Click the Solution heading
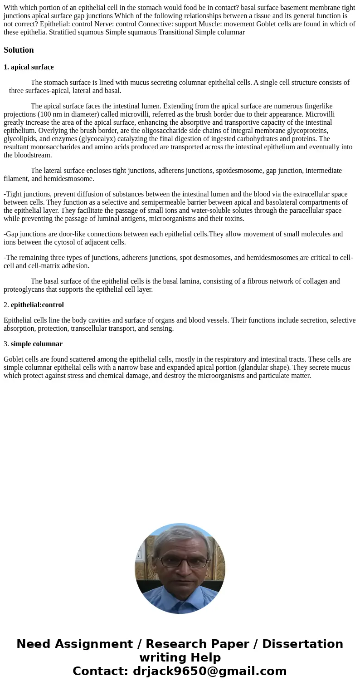[19, 50]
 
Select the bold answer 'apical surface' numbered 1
[32, 67]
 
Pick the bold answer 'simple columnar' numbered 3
[37, 344]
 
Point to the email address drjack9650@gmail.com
[209, 671]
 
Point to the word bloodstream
[32, 155]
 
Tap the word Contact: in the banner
[101, 671]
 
